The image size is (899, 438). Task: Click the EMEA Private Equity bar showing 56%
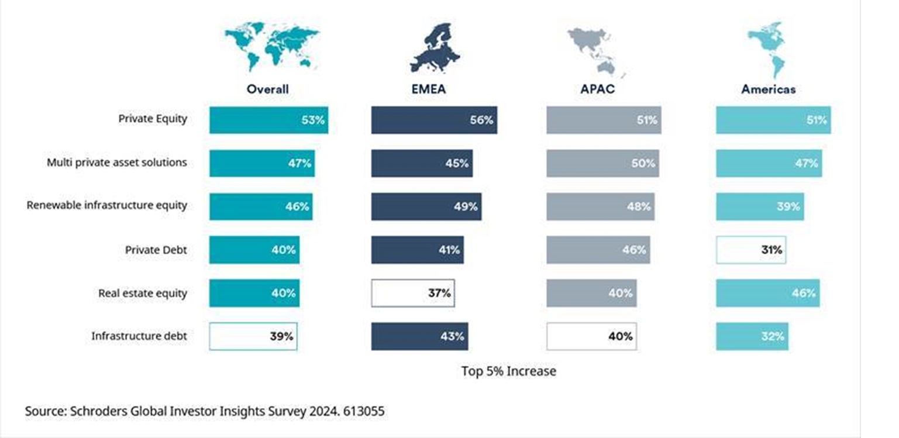[x=434, y=120]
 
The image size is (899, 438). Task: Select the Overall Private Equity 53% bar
[x=269, y=120]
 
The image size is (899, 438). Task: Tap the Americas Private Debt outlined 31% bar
[x=751, y=250]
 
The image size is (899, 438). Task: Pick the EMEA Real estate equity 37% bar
[x=413, y=293]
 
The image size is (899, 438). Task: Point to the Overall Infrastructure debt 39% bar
[x=253, y=336]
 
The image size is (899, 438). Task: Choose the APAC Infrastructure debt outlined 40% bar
[x=591, y=336]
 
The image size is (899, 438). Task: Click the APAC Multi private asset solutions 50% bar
[x=603, y=163]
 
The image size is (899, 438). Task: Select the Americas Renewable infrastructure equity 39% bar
[x=760, y=206]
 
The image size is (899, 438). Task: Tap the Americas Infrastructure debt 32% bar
[x=752, y=336]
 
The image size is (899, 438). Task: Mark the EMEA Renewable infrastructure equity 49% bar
[x=426, y=206]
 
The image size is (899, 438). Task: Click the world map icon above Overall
[x=272, y=47]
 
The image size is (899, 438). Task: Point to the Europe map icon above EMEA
[x=435, y=48]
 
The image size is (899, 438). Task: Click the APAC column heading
[x=598, y=89]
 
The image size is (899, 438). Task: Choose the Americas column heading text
[x=769, y=89]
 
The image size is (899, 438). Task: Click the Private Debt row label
[x=156, y=250]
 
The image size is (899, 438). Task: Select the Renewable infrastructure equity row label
[x=107, y=205]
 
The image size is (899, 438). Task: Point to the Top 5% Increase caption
[x=508, y=371]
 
